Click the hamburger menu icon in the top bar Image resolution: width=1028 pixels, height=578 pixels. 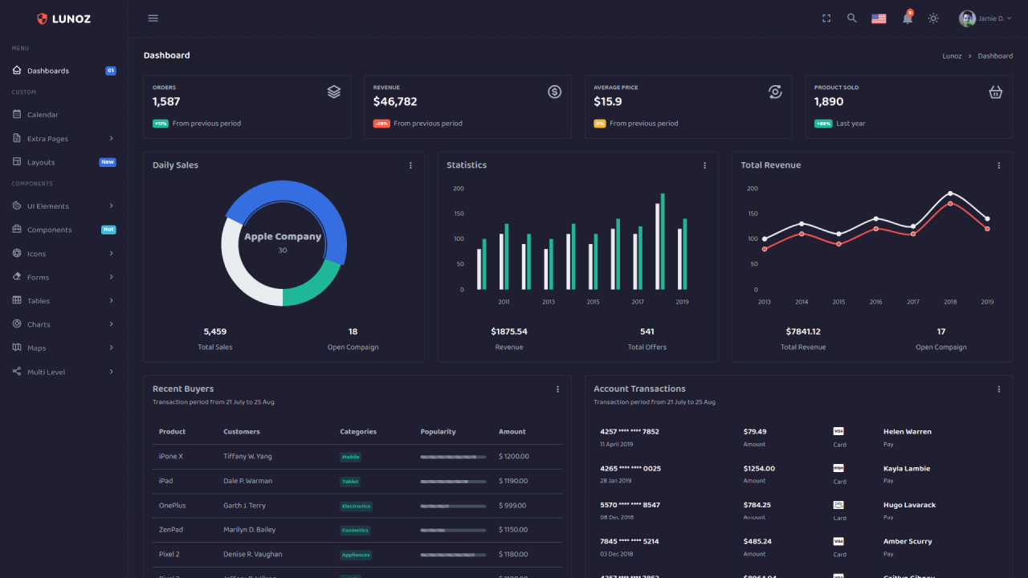pyautogui.click(x=153, y=18)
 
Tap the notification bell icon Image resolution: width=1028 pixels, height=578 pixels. pyautogui.click(x=908, y=18)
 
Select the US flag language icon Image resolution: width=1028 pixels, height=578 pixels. pyautogui.click(x=879, y=18)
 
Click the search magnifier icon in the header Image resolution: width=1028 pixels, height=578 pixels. pyautogui.click(x=852, y=18)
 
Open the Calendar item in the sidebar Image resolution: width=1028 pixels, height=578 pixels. pyautogui.click(x=43, y=115)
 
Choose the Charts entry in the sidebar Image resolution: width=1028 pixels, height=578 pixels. pyautogui.click(x=39, y=324)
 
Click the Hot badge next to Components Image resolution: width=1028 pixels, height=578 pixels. pyautogui.click(x=108, y=230)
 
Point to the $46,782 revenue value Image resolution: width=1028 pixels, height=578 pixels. pyautogui.click(x=395, y=102)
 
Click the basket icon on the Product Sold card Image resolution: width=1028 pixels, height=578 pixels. pyautogui.click(x=995, y=92)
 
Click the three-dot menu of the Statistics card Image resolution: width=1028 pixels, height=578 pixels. pyautogui.click(x=705, y=165)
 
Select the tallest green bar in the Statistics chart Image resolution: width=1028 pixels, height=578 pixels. pyautogui.click(x=663, y=241)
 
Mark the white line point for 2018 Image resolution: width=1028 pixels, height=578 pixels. pyautogui.click(x=950, y=193)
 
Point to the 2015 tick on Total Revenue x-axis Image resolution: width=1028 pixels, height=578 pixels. pyautogui.click(x=838, y=302)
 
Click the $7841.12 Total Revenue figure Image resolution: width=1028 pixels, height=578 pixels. pyautogui.click(x=803, y=332)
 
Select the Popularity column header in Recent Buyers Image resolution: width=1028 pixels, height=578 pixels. pyautogui.click(x=438, y=432)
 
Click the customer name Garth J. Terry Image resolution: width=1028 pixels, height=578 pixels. pyautogui.click(x=244, y=506)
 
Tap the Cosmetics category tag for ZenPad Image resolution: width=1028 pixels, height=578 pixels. pyautogui.click(x=355, y=531)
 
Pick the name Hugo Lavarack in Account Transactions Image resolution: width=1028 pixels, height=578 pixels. pyautogui.click(x=909, y=505)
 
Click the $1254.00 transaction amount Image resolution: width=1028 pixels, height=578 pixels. pyautogui.click(x=759, y=469)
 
